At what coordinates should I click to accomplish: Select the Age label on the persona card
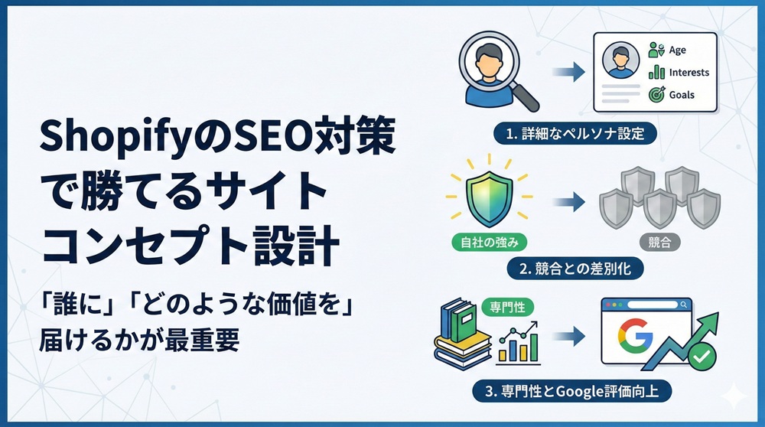point(677,51)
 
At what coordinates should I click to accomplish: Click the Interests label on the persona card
point(688,73)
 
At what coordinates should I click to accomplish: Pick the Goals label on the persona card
point(681,95)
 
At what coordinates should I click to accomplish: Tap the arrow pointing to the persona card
point(568,73)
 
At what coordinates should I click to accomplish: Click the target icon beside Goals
point(656,95)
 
